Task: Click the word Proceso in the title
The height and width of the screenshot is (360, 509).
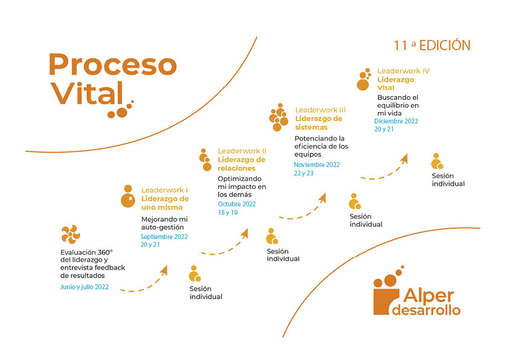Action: pyautogui.click(x=112, y=64)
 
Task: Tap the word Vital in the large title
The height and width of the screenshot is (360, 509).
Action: pyautogui.click(x=87, y=93)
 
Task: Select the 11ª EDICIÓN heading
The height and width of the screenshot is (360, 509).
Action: pyautogui.click(x=432, y=45)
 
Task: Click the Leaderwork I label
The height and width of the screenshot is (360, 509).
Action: pyautogui.click(x=164, y=190)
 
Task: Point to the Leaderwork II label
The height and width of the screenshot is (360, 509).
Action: pyautogui.click(x=242, y=151)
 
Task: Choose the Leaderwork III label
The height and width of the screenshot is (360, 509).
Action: pyautogui.click(x=320, y=110)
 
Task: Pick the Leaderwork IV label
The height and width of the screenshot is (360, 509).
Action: pyautogui.click(x=403, y=71)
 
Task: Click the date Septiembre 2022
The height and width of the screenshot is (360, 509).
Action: pyautogui.click(x=164, y=237)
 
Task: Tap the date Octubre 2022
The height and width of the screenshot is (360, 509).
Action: pyautogui.click(x=236, y=204)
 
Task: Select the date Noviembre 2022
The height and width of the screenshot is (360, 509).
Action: pyautogui.click(x=317, y=165)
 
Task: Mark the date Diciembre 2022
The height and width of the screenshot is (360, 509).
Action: pyautogui.click(x=396, y=121)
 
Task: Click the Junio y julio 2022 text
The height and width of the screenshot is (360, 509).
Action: pyautogui.click(x=85, y=287)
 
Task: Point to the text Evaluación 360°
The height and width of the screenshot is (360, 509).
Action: pyautogui.click(x=86, y=252)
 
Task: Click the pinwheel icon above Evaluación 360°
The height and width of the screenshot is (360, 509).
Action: pyautogui.click(x=71, y=234)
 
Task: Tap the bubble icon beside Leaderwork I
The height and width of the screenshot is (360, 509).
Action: pyautogui.click(x=128, y=196)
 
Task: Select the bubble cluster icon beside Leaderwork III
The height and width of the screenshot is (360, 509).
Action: pyautogui.click(x=279, y=117)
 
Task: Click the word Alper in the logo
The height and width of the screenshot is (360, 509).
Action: pyautogui.click(x=429, y=296)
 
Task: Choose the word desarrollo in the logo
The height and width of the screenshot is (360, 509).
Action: pyautogui.click(x=426, y=310)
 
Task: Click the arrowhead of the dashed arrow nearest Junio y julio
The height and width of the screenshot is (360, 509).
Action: pyautogui.click(x=164, y=270)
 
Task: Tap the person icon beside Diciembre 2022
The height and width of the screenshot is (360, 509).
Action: pyautogui.click(x=437, y=161)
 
